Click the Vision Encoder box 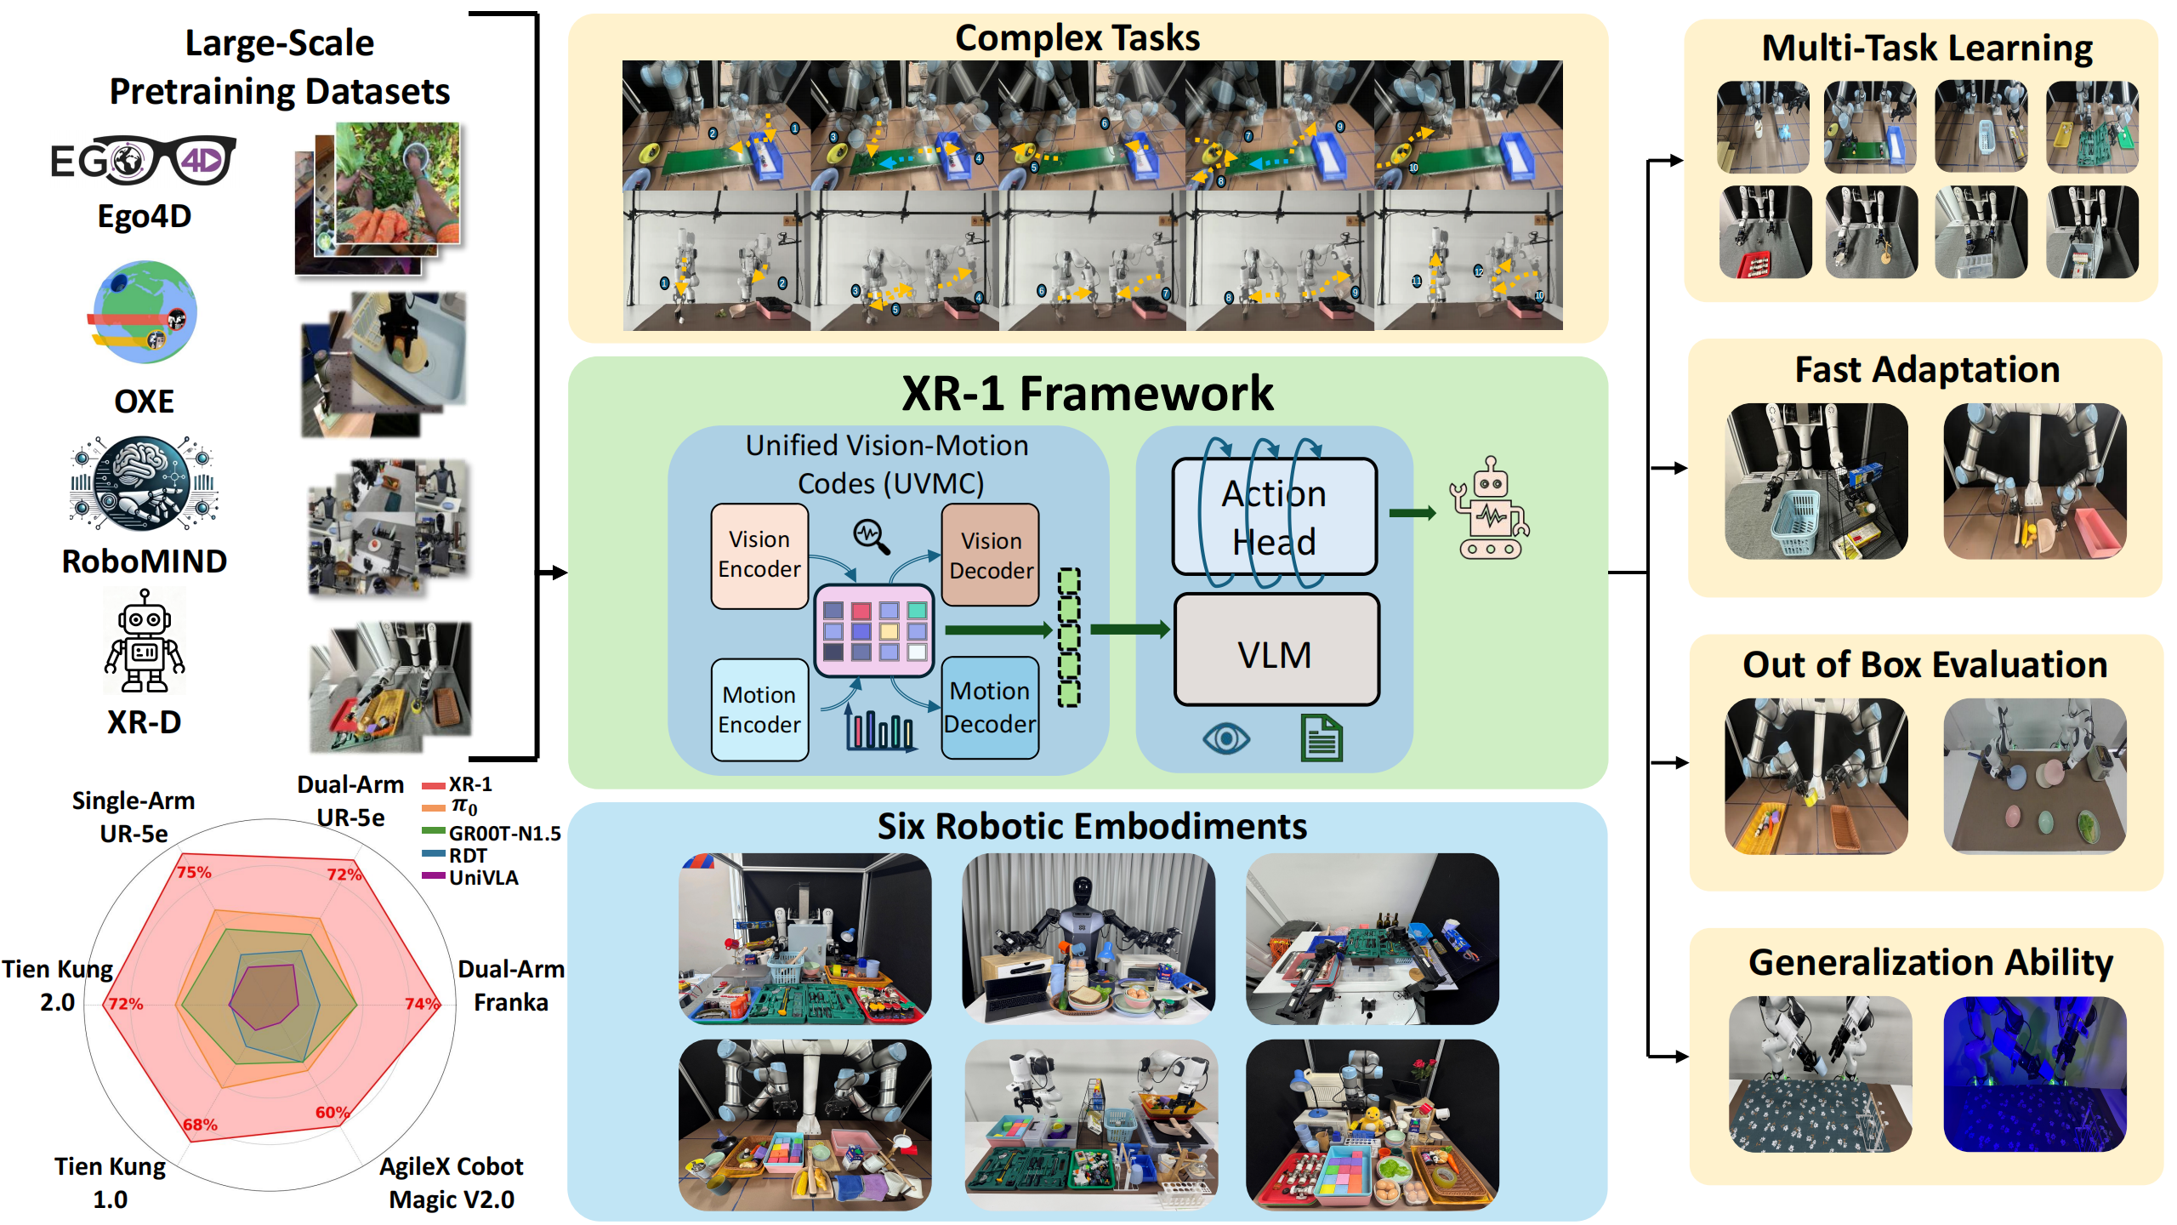coord(759,555)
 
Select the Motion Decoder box coord(990,707)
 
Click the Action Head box coord(1274,517)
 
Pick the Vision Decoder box coord(991,555)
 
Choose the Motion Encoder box coord(759,709)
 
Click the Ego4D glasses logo coord(143,160)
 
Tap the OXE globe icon coord(145,312)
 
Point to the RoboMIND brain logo coord(145,482)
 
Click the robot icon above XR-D coord(145,641)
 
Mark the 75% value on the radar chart coord(194,872)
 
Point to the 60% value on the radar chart coord(332,1112)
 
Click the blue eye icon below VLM coord(1225,738)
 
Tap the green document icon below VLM coord(1321,738)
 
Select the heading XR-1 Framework coord(1087,393)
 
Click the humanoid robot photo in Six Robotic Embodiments coord(1088,938)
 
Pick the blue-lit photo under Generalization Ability coord(2034,1074)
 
